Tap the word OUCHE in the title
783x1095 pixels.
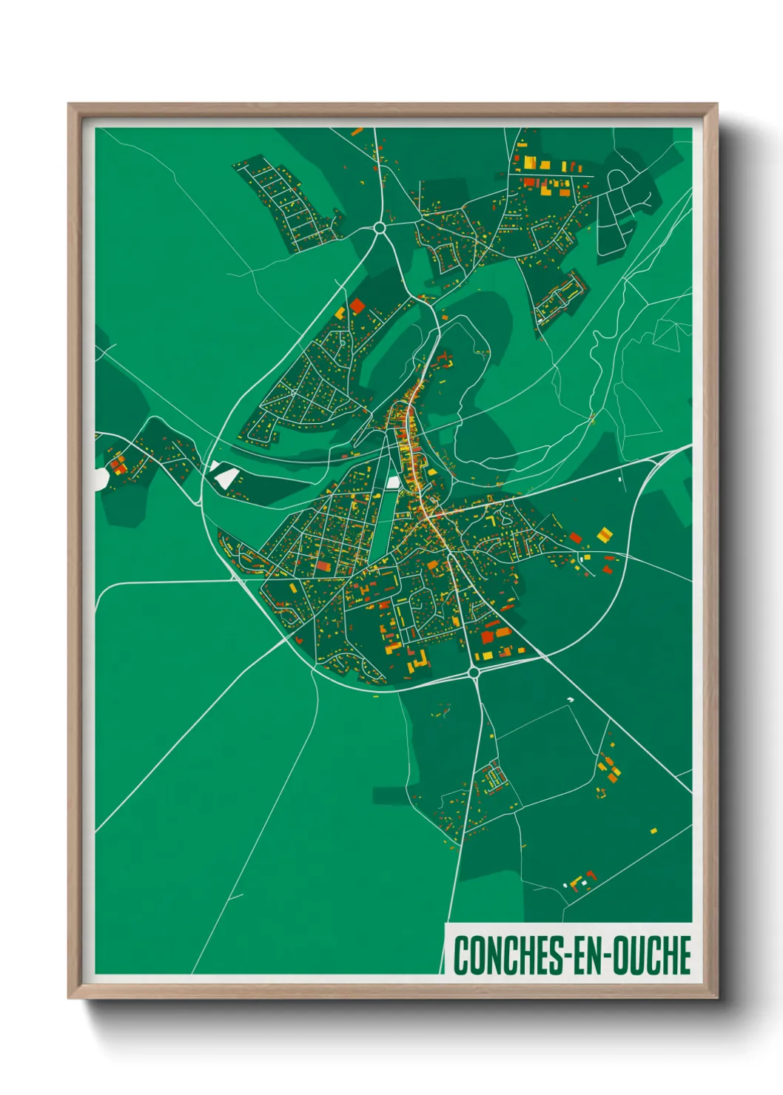(651, 955)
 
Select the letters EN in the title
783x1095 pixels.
(587, 955)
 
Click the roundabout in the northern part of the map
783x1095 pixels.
(380, 228)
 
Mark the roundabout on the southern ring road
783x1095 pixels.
(474, 672)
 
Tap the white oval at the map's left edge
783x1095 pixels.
(100, 479)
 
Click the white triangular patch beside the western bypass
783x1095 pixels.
(223, 475)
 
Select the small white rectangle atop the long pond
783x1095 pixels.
(393, 482)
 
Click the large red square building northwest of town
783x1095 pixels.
(357, 306)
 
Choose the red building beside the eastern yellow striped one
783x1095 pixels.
(575, 538)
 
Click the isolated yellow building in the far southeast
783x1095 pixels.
(653, 831)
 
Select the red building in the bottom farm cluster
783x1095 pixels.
(590, 875)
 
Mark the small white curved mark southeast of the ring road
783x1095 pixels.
(570, 699)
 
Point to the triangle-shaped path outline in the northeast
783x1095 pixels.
(671, 334)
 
